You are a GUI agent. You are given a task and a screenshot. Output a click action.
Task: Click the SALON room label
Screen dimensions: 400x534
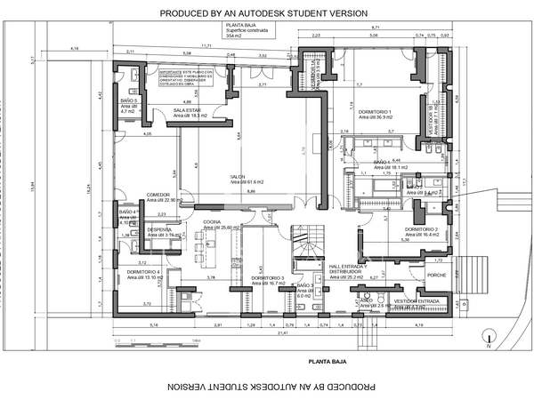(239, 177)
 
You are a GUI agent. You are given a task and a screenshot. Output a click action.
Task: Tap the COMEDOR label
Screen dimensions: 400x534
(133, 195)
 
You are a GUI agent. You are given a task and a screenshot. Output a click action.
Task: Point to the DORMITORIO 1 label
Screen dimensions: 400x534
(376, 111)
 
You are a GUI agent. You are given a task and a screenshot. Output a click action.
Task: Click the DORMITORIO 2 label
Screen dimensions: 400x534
(423, 229)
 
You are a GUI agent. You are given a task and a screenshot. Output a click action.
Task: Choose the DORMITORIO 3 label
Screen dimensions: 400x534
(268, 278)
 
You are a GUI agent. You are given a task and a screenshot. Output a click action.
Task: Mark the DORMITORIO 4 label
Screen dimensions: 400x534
(142, 271)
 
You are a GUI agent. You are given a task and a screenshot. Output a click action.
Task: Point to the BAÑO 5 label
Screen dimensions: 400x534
(128, 102)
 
